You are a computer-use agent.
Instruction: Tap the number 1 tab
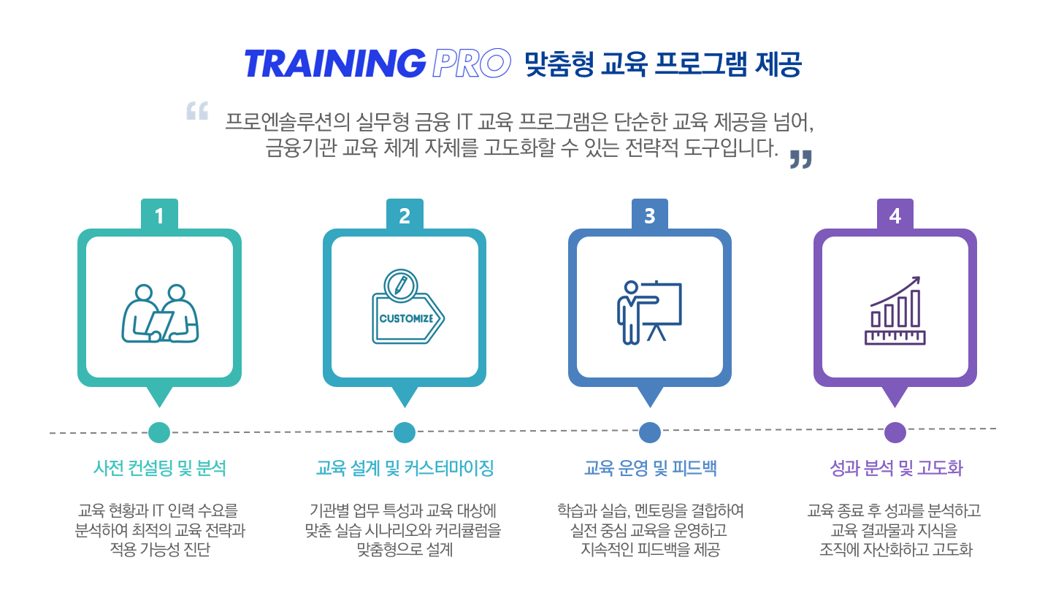159,215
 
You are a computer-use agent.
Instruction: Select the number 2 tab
405,215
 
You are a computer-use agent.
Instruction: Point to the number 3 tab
650,215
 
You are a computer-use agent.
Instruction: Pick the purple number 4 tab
895,215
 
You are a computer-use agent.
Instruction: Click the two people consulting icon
160,313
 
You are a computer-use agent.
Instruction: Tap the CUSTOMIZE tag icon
407,307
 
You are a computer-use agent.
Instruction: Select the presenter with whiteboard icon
649,312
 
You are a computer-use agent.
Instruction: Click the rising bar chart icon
895,310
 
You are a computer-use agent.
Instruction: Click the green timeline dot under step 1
159,432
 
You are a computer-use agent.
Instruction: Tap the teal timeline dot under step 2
405,432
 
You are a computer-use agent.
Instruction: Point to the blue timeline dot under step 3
650,432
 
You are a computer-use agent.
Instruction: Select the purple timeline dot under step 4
895,432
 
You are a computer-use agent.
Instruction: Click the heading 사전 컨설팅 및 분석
159,468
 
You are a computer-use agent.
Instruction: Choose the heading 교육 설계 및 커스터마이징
405,468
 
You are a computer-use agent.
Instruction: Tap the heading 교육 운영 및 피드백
650,468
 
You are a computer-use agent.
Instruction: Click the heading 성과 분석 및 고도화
896,468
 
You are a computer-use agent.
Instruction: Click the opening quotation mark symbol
197,110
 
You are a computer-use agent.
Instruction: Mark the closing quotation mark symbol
800,159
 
